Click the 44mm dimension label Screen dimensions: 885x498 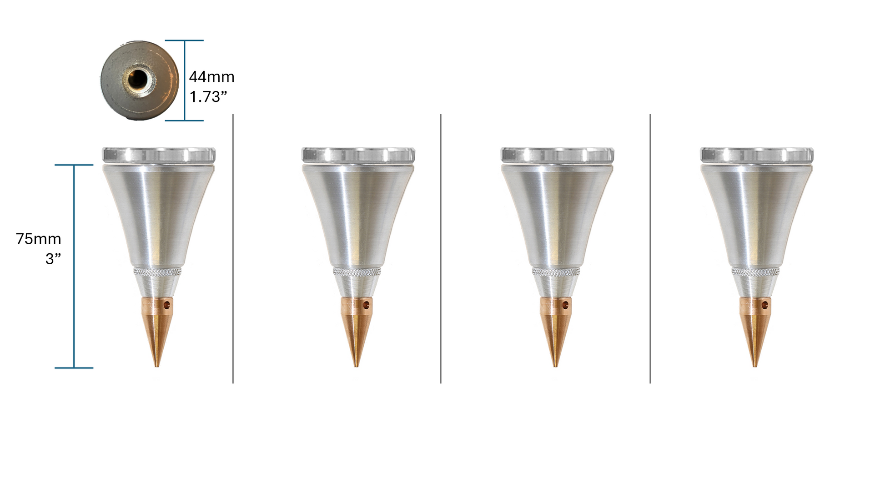(211, 77)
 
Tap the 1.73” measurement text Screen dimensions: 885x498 (208, 97)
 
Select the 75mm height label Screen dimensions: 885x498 (38, 239)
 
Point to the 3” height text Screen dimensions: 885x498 (53, 259)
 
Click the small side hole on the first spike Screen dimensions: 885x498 (167, 305)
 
